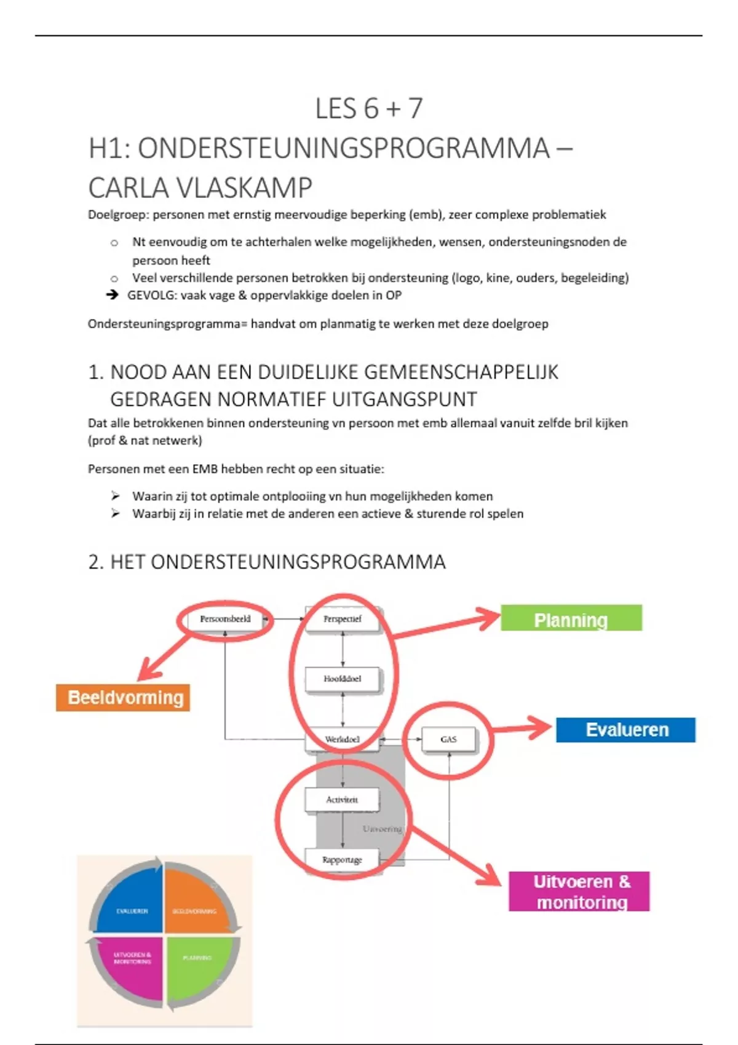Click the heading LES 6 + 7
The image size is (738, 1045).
tap(368, 109)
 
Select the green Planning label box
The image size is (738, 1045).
tap(571, 618)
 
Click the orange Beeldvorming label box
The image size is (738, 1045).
tap(123, 698)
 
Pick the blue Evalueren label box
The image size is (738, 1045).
tap(625, 730)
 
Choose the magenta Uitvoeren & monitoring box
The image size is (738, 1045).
tap(579, 891)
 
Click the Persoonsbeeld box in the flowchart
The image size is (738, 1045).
tap(225, 619)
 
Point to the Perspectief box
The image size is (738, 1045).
tap(343, 619)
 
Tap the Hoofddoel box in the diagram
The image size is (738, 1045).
tap(343, 679)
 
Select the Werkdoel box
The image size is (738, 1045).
tap(343, 739)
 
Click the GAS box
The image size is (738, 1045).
tap(448, 739)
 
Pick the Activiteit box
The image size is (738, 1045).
tap(342, 799)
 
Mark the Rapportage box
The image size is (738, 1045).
tap(342, 859)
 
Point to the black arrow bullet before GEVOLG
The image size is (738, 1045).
tap(112, 295)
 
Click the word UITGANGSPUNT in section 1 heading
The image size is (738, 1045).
tap(404, 400)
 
